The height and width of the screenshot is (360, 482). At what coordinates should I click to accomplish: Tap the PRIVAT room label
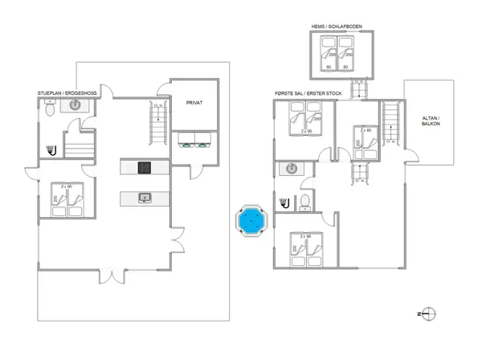(194, 103)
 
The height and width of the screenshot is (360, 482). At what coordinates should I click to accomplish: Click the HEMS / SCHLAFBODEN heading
(337, 27)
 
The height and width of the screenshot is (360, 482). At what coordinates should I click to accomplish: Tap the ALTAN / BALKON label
(431, 121)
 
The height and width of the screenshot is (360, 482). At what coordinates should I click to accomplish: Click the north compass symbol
(429, 313)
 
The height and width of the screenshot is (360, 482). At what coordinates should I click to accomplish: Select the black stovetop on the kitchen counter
(145, 167)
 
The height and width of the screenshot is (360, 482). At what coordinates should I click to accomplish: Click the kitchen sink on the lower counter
(145, 196)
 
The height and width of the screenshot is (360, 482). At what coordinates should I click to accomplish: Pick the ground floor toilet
(50, 112)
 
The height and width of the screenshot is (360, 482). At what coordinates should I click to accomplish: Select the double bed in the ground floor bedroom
(66, 202)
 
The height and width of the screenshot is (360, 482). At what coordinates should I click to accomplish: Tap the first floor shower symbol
(285, 201)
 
